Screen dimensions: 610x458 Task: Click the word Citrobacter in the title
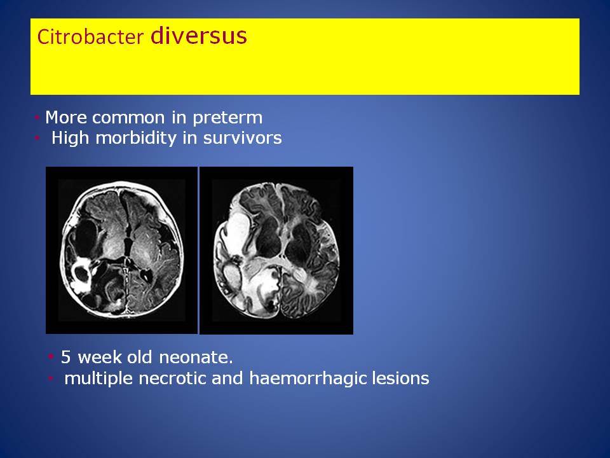pyautogui.click(x=90, y=37)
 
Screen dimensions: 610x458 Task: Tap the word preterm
pyautogui.click(x=227, y=118)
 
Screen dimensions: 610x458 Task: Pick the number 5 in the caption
pyautogui.click(x=65, y=357)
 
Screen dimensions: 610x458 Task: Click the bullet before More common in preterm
pyautogui.click(x=37, y=117)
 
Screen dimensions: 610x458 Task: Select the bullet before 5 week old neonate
pyautogui.click(x=51, y=357)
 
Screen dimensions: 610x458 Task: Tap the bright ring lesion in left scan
pyautogui.click(x=82, y=274)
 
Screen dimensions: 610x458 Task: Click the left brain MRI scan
pyautogui.click(x=122, y=250)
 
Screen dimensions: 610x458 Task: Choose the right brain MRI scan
pyautogui.click(x=276, y=251)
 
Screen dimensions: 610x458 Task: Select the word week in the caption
pyautogui.click(x=100, y=357)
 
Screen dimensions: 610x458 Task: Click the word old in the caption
pyautogui.click(x=140, y=357)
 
